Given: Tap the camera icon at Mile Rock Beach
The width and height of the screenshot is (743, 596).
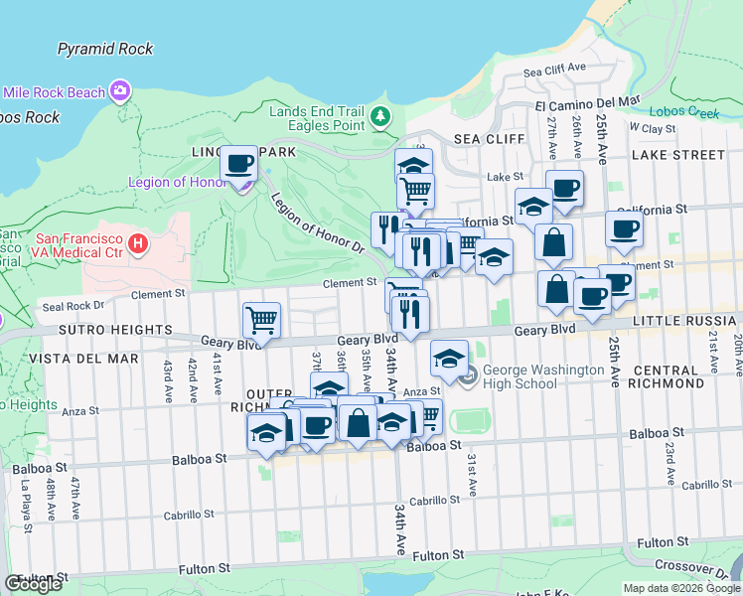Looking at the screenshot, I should (121, 91).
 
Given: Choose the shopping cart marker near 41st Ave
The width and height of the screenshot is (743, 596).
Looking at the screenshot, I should (261, 320).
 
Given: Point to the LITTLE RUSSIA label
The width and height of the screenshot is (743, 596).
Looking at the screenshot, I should (685, 320).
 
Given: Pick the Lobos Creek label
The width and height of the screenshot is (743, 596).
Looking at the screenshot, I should (683, 112).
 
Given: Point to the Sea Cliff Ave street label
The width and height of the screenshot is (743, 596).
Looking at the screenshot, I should (555, 72).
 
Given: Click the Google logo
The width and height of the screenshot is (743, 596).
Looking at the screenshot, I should (33, 584).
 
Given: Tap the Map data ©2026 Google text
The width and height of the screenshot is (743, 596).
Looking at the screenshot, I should (681, 588).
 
